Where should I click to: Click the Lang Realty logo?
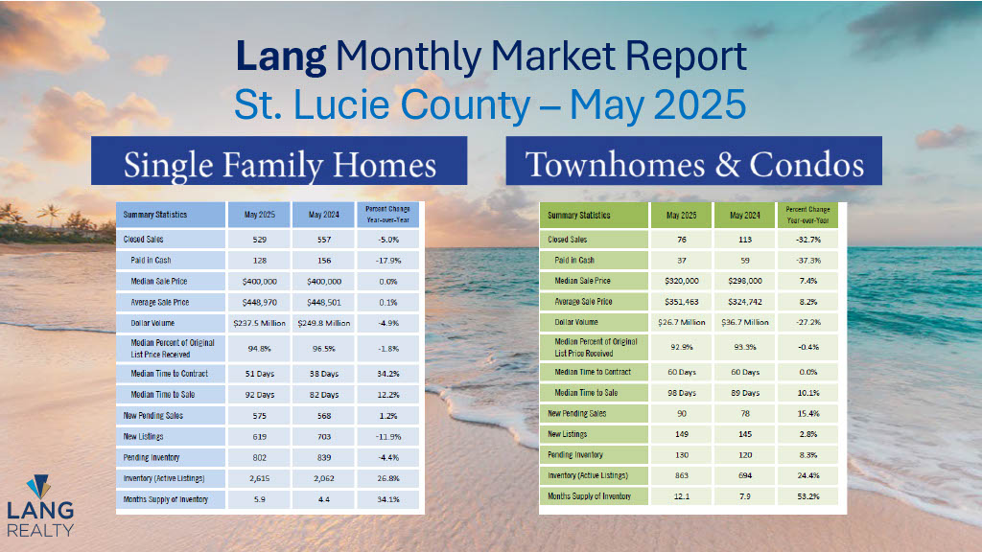coord(40,506)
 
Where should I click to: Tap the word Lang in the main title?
coord(281,57)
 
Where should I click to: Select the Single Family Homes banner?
coord(279,161)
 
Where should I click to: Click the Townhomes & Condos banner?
coord(694,161)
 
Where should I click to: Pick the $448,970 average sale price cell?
coord(259,302)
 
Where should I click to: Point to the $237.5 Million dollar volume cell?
coord(259,323)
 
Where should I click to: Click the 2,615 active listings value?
coord(259,478)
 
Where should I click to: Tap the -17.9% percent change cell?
coord(388,261)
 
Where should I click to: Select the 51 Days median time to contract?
coord(259,374)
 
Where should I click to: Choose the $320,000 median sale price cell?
coord(682,281)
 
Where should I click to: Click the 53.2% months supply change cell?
coord(807,496)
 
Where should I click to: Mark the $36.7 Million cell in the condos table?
coord(744,322)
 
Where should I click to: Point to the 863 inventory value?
coord(682,475)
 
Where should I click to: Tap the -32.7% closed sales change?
coord(807,240)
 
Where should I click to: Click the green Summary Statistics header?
coord(578,216)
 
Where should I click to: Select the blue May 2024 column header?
coord(324,215)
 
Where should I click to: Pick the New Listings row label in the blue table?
coord(143,437)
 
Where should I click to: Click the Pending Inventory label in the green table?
coord(575,455)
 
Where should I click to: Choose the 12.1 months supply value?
coord(682,496)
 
